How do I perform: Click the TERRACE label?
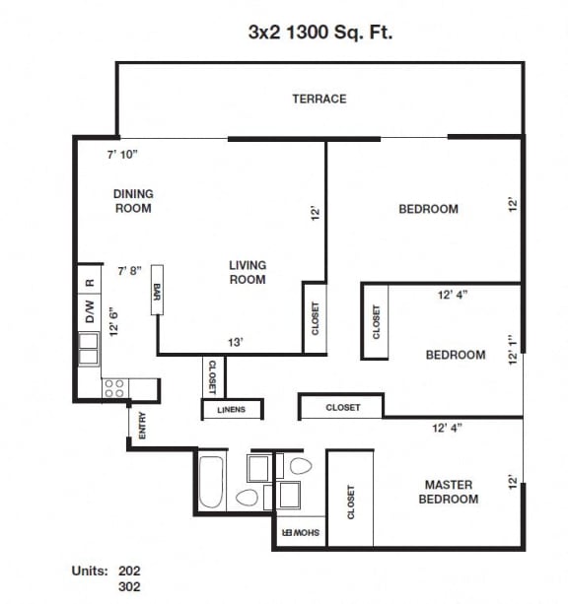pos(319,99)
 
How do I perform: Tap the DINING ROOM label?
pos(133,201)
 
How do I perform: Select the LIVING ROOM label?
pos(248,272)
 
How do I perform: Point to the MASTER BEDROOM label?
pos(448,492)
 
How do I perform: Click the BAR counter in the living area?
pos(157,293)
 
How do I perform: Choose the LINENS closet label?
pos(233,409)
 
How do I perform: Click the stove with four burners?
pos(114,388)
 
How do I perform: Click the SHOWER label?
pos(300,533)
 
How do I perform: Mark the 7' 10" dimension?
pos(122,154)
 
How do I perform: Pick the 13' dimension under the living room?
pos(236,342)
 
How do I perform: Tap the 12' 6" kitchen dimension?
pos(114,321)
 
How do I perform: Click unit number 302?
pos(129,587)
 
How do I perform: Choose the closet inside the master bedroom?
pos(350,501)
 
